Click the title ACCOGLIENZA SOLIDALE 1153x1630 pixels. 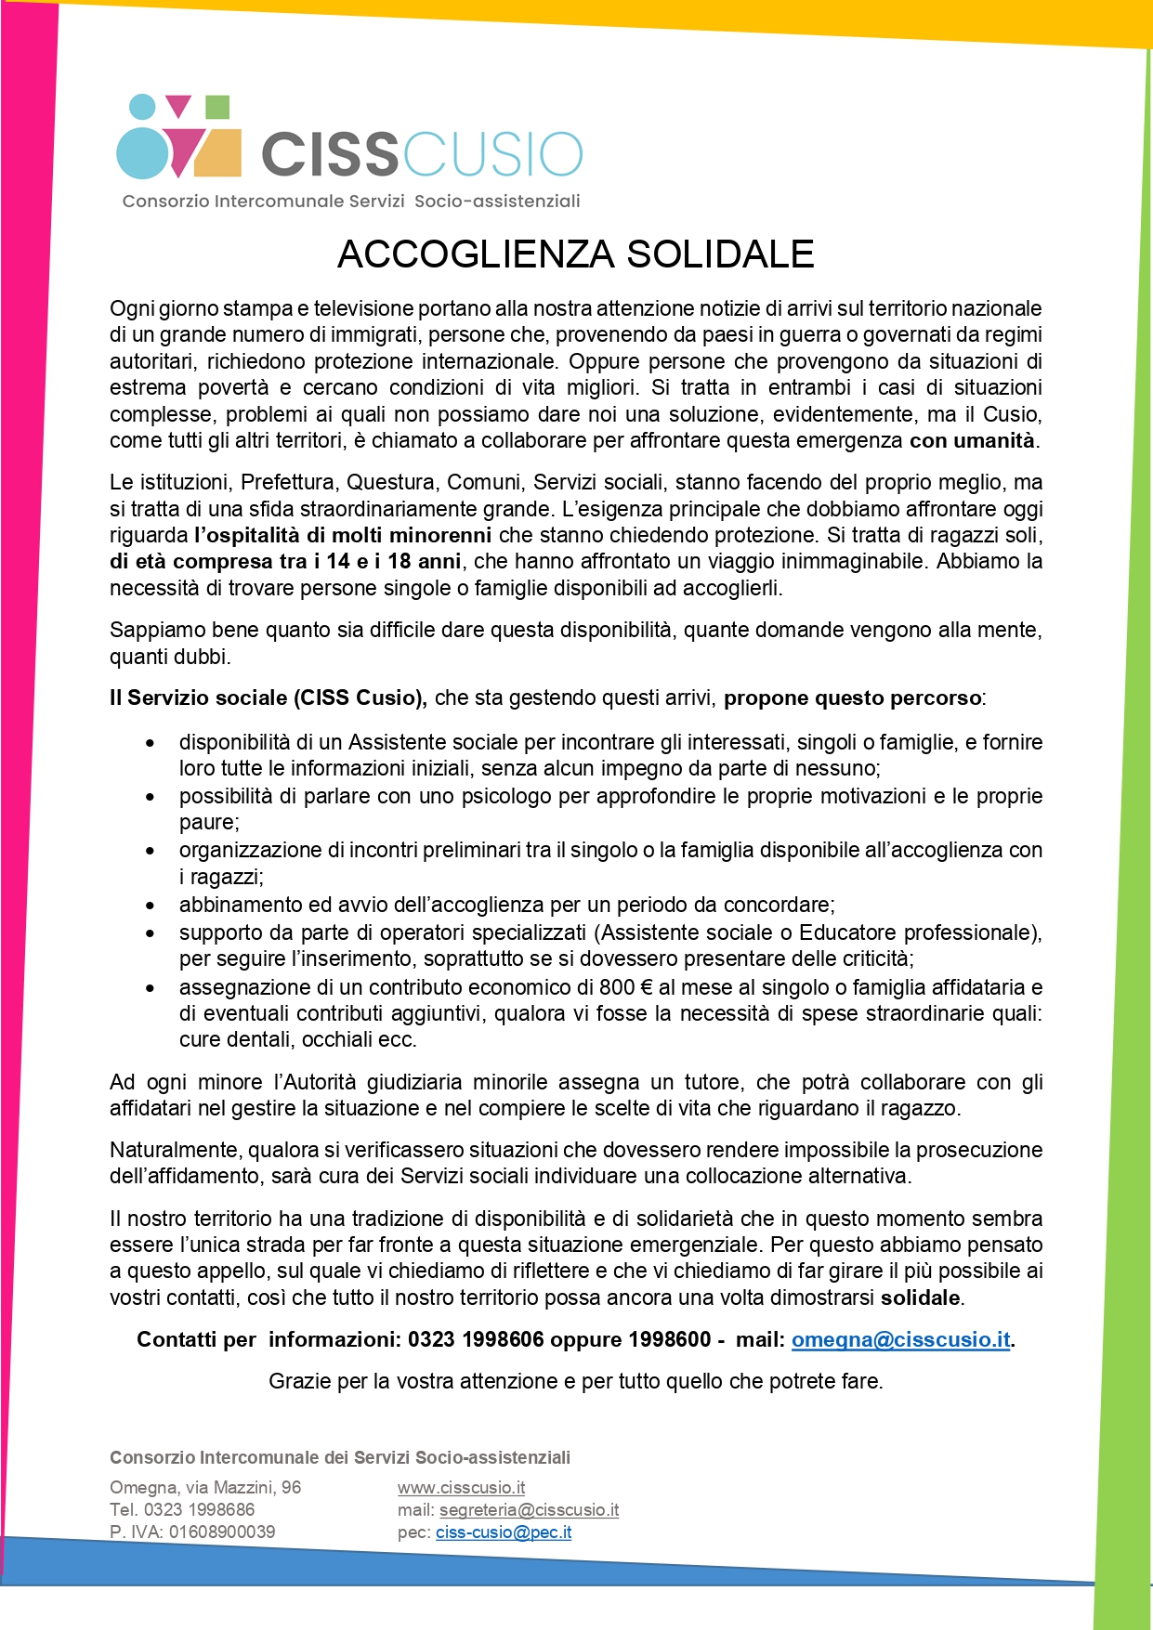(575, 254)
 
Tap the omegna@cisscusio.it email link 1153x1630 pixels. (900, 1339)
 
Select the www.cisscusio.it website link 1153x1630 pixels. (461, 1487)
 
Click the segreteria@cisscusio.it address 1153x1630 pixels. (529, 1509)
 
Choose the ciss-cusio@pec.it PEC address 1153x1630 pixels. (503, 1532)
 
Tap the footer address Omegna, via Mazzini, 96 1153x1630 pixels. (205, 1487)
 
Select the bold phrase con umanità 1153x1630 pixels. (972, 440)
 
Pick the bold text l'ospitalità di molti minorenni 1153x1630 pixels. (343, 535)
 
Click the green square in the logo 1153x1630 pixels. (216, 107)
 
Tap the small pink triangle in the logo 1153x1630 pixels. (177, 106)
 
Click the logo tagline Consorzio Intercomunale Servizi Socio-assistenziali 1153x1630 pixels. (351, 201)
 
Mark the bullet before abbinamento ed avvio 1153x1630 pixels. (151, 905)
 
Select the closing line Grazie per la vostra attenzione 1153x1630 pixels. (575, 1381)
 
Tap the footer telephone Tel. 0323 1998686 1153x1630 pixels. (182, 1509)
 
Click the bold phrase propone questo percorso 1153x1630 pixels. (852, 698)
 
